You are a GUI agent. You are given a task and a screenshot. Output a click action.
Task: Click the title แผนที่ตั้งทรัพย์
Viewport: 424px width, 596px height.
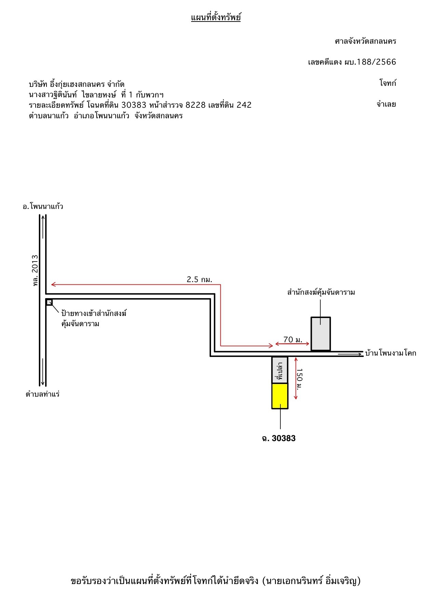(216, 17)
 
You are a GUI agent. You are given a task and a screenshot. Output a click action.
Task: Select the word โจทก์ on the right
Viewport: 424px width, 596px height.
(388, 83)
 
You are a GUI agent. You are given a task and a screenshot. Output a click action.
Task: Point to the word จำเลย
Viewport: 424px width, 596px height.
(386, 104)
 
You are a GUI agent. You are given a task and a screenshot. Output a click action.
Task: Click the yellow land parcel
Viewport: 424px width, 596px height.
(280, 396)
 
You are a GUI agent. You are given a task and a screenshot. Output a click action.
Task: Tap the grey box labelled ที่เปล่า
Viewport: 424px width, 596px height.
(280, 370)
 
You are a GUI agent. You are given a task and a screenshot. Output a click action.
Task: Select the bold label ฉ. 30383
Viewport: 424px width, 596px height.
(279, 438)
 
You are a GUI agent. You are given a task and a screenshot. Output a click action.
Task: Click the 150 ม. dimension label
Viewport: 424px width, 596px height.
(299, 379)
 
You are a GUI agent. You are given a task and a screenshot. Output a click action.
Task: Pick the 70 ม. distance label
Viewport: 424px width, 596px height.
(293, 340)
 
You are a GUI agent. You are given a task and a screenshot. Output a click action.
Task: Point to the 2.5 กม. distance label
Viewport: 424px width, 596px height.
(199, 279)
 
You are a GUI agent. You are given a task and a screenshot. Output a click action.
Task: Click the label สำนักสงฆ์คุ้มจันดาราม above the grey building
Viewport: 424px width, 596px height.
(321, 292)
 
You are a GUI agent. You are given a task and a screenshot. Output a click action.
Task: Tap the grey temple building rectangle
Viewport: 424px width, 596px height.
(321, 334)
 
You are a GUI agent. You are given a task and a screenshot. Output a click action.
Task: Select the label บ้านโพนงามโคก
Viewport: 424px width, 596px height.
(390, 353)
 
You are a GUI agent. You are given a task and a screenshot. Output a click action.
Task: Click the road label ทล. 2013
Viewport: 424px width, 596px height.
(35, 270)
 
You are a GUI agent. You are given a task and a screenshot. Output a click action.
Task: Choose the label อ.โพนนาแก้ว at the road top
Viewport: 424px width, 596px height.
(43, 207)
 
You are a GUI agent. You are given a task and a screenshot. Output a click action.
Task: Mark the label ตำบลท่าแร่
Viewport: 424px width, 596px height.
(43, 394)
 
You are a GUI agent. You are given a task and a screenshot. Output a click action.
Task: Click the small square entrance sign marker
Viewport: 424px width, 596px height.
(49, 302)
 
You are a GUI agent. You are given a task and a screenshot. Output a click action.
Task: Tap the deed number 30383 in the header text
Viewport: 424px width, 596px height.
(134, 105)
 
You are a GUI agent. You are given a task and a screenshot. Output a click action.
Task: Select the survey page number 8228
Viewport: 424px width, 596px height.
(196, 105)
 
